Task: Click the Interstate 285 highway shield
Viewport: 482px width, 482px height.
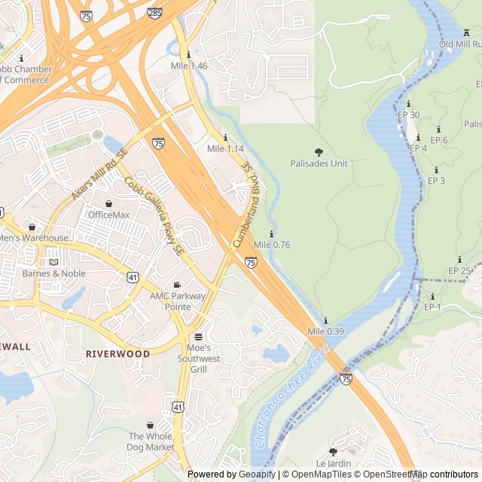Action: (x=154, y=13)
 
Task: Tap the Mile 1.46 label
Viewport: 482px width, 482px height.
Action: (x=188, y=66)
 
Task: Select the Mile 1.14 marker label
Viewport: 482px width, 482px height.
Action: (x=225, y=149)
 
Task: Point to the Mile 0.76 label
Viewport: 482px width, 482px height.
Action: (x=272, y=245)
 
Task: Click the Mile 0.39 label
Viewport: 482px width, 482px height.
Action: (x=325, y=331)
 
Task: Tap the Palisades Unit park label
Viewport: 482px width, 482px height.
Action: (x=319, y=163)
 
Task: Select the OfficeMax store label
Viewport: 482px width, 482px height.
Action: (x=109, y=215)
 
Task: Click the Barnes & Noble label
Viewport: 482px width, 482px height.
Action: (x=53, y=273)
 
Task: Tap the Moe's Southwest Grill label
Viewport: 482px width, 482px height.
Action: (x=198, y=358)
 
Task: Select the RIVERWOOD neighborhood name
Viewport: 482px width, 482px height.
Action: (x=117, y=353)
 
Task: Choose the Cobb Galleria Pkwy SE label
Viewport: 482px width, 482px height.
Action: (x=154, y=215)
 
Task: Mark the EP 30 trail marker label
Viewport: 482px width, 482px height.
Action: (x=408, y=114)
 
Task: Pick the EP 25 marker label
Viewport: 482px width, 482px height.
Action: (x=459, y=270)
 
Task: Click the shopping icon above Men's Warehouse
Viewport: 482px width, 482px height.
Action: (x=32, y=227)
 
